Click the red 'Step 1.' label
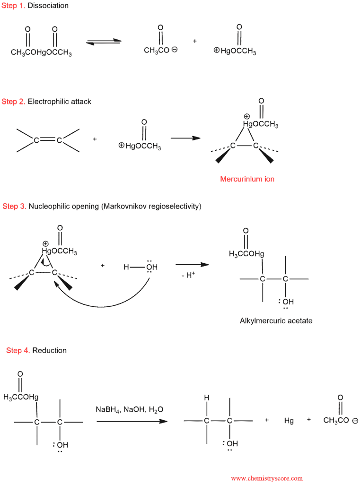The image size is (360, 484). (13, 6)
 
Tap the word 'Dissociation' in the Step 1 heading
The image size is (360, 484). (48, 6)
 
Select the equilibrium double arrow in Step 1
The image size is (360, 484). (104, 42)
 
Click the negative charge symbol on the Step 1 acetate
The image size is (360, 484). (175, 49)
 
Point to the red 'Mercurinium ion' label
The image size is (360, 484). (247, 179)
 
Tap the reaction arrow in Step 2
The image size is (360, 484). (186, 138)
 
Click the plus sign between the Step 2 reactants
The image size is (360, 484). (95, 139)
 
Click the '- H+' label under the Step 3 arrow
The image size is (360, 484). (188, 275)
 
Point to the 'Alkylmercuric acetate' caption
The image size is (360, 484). (276, 321)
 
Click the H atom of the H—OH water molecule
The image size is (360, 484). (126, 267)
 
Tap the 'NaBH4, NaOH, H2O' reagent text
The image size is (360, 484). (130, 410)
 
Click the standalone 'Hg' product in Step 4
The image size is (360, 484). (289, 421)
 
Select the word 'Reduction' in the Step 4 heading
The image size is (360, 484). (50, 350)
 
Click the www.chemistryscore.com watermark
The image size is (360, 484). (267, 478)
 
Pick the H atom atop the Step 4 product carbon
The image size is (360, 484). (207, 398)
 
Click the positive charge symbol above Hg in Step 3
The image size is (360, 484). (45, 244)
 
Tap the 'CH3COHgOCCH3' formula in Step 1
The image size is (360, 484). (41, 52)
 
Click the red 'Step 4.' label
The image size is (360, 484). (18, 350)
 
